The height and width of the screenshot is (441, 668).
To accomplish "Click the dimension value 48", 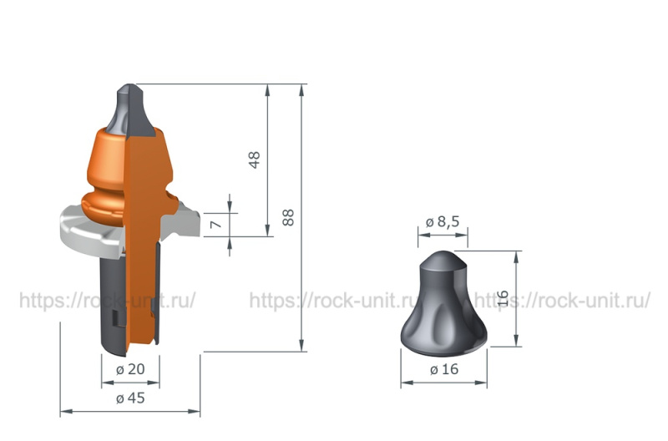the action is (254, 160).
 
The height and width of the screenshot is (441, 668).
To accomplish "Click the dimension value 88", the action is (288, 217).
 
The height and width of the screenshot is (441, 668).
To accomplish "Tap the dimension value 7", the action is (216, 224).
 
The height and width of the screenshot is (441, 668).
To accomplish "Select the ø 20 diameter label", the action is (130, 369).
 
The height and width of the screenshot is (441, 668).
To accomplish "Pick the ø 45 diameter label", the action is (130, 398).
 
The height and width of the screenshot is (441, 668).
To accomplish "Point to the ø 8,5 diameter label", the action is (443, 221).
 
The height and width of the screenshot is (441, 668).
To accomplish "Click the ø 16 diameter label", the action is (444, 369).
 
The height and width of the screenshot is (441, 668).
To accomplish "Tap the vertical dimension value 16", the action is (504, 298).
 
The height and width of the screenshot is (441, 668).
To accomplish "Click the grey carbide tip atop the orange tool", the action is (130, 109).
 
